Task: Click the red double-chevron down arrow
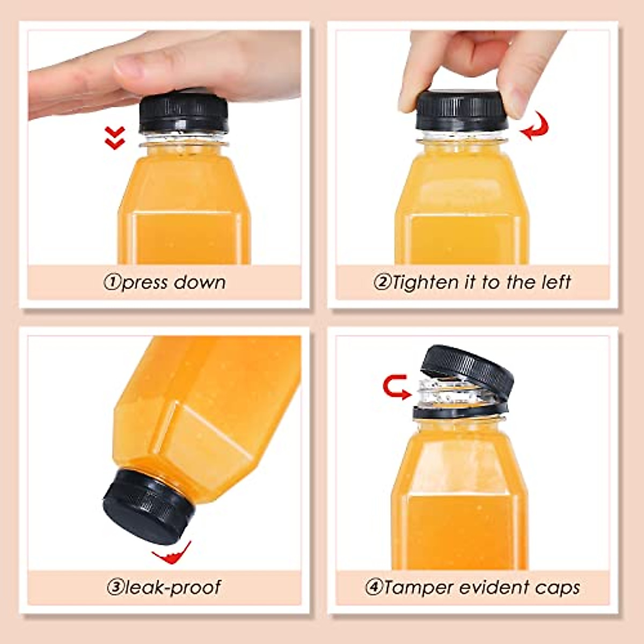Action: [115, 137]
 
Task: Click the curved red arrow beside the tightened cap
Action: [536, 128]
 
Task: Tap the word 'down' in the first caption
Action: [201, 282]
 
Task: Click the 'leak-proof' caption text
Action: [172, 587]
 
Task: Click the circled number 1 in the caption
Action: [112, 283]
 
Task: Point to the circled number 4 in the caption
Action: [374, 587]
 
